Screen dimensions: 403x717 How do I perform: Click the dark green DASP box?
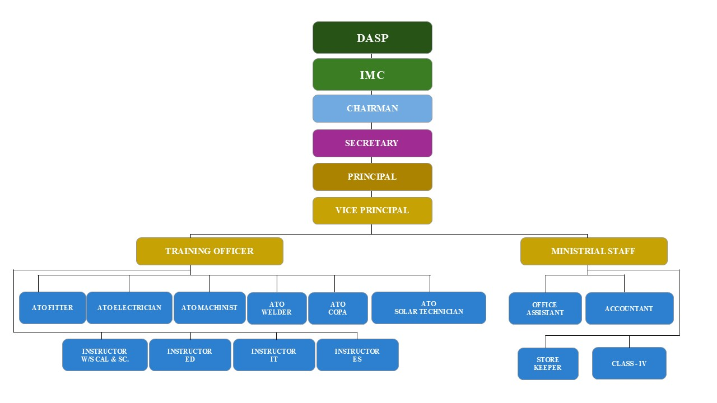tap(372, 38)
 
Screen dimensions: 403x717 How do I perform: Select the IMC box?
tap(372, 74)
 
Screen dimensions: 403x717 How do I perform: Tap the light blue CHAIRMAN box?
tap(372, 109)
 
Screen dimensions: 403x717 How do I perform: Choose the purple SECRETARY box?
tap(372, 143)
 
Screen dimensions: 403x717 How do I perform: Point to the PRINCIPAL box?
tap(372, 177)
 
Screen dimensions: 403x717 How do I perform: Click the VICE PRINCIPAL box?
tap(372, 210)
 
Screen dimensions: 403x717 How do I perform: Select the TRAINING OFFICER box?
tap(209, 251)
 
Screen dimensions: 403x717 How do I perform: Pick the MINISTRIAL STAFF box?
tap(593, 251)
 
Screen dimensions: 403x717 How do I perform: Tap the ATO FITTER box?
tap(53, 308)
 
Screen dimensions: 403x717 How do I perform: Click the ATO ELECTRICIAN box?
tap(129, 308)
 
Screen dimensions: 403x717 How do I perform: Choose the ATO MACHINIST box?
tap(209, 308)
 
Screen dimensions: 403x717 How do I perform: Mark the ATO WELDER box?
tap(277, 308)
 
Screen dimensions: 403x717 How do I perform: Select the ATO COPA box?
tap(338, 308)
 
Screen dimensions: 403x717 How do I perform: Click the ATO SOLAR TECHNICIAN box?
tap(429, 308)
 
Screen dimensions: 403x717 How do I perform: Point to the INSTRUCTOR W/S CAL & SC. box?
tap(105, 355)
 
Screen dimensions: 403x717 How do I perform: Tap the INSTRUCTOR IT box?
tap(274, 355)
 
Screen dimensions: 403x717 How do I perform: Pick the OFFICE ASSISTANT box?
tap(545, 308)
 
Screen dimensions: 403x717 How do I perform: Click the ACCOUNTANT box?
tap(629, 308)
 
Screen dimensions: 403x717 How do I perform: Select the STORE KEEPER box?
tap(548, 364)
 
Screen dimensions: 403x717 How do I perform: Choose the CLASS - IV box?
tap(629, 363)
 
